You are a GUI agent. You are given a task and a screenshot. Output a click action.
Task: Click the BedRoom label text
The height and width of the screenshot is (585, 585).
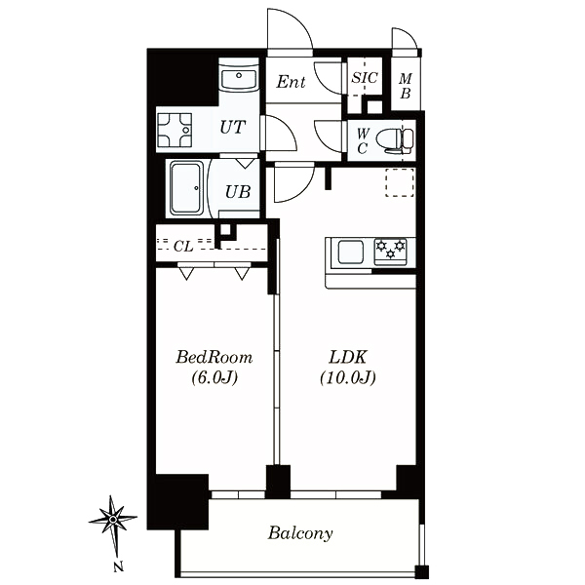214,357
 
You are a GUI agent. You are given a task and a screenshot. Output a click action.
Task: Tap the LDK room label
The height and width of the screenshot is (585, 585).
348,357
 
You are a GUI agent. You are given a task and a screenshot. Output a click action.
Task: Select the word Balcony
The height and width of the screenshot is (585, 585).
300,533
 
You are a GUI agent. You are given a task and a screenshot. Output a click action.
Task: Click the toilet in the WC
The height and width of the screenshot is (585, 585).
394,140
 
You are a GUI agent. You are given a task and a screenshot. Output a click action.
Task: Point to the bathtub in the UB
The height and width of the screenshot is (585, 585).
187,188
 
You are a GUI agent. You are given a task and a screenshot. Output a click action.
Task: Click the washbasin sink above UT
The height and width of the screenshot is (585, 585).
239,78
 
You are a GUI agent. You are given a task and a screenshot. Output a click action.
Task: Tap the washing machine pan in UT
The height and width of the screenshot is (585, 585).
175,131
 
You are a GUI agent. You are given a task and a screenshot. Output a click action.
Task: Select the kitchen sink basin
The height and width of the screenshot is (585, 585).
351,252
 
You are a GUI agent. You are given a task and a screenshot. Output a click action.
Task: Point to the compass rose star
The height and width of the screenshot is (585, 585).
113,519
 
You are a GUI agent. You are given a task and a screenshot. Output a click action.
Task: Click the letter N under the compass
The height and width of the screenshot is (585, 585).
118,566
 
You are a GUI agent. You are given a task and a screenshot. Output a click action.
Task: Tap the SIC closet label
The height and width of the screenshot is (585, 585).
365,78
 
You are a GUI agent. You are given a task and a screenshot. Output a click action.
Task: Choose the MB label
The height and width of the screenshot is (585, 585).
406,86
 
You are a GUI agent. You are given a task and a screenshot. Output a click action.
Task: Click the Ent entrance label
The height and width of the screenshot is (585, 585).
291,82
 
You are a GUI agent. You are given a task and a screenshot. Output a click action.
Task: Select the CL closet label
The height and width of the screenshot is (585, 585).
183,247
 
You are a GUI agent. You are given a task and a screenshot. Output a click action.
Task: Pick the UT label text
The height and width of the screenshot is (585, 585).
233,127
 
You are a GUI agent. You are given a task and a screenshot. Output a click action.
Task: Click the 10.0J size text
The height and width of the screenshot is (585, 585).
348,378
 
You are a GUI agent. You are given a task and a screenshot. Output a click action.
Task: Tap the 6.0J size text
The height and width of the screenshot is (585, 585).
214,378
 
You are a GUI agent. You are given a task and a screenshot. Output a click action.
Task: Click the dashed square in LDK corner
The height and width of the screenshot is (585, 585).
400,182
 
